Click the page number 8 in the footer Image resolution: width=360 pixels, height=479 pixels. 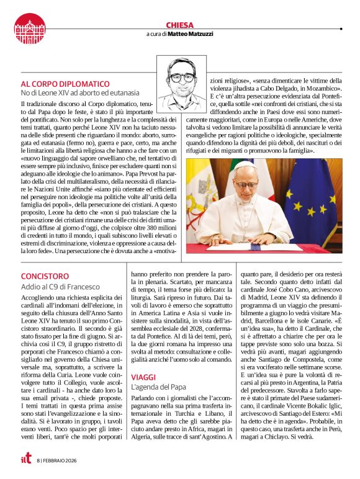point(37,460)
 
